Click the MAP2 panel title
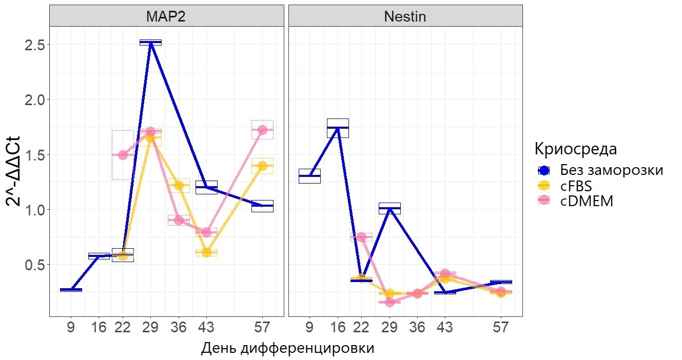[166, 16]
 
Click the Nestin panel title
[405, 16]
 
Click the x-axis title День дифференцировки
[287, 348]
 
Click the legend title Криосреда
[575, 149]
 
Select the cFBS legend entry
[580, 186]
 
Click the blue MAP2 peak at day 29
[150, 43]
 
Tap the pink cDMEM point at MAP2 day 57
[262, 130]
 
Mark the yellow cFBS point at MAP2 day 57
[262, 166]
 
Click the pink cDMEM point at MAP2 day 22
[123, 155]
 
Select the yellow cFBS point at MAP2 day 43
[206, 252]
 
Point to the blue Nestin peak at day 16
[338, 128]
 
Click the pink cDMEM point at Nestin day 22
[361, 237]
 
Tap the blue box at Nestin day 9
[309, 176]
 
